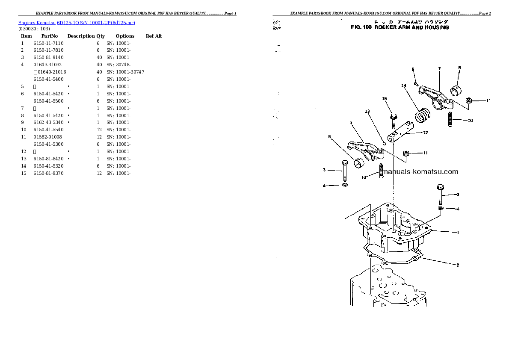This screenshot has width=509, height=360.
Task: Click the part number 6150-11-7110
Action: point(48,43)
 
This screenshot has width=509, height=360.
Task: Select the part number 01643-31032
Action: point(47,65)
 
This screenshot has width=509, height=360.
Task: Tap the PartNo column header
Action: point(49,36)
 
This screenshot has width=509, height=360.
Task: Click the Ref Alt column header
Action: point(154,36)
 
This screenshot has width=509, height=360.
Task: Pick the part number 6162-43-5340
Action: point(48,122)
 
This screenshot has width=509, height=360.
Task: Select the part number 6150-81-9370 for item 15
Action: point(48,173)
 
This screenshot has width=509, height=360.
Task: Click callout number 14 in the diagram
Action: point(403,86)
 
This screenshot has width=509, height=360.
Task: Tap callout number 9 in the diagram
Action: point(413,69)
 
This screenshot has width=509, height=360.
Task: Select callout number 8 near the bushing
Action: point(459,68)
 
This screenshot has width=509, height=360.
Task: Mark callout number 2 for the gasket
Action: point(457,265)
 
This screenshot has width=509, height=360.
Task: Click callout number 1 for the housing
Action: point(458,233)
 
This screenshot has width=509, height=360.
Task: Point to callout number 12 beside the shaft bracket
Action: point(425,133)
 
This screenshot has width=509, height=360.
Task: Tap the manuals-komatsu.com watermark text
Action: point(421,172)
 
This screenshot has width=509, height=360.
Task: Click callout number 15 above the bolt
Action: point(384,99)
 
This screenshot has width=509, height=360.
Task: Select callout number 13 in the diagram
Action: point(367,111)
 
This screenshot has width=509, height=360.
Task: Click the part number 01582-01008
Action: point(47,137)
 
